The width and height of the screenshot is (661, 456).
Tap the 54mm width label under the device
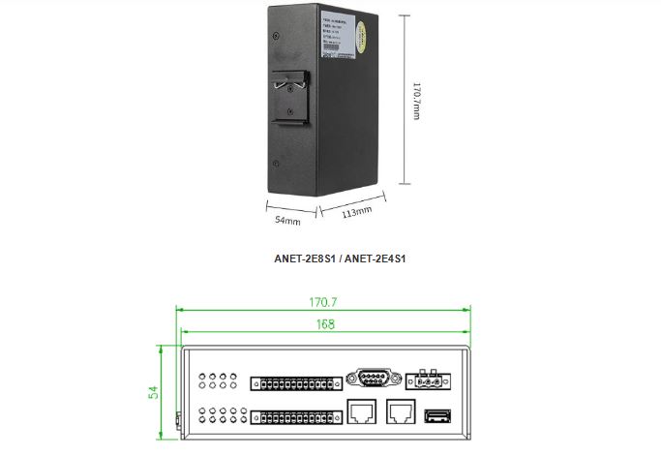tap(287, 220)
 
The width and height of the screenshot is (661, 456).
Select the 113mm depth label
tap(357, 210)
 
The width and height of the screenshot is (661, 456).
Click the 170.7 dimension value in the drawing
tap(322, 302)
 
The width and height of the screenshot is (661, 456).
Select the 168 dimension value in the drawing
tap(323, 324)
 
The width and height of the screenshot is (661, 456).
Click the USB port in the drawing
tap(436, 416)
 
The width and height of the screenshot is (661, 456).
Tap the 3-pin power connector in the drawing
tap(428, 380)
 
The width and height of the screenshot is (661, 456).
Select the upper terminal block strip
tap(296, 383)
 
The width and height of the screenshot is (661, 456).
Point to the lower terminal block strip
tap(296, 417)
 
